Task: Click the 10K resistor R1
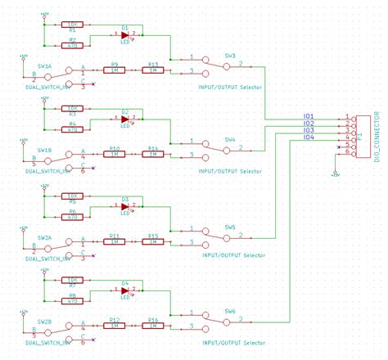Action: (x=72, y=25)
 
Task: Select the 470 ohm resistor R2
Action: (x=72, y=46)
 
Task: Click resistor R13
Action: (x=153, y=70)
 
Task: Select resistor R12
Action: (x=115, y=326)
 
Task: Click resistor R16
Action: (x=153, y=326)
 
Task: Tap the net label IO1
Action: (x=309, y=116)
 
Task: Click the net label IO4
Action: (x=309, y=137)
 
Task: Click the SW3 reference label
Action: (x=230, y=56)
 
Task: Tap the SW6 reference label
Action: (x=230, y=311)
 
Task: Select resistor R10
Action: (x=115, y=155)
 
